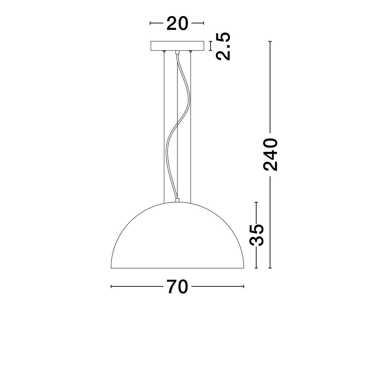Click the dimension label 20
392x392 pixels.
point(177,23)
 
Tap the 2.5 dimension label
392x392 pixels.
point(223,46)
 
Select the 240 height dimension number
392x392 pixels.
point(270,155)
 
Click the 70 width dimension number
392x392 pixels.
point(177,287)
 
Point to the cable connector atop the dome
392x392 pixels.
point(177,200)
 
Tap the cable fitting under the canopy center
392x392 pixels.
point(177,52)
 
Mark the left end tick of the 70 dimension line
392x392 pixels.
point(111,286)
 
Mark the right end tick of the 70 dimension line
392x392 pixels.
point(244,286)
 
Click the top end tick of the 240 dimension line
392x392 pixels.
point(270,41)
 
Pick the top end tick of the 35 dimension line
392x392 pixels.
point(256,202)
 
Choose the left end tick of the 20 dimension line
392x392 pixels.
point(150,23)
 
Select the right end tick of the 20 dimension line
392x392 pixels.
point(204,23)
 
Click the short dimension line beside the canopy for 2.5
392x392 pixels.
point(210,46)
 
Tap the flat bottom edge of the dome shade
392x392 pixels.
point(177,268)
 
